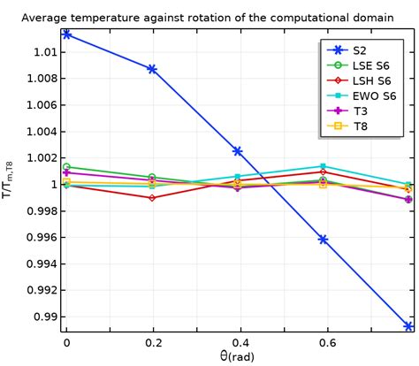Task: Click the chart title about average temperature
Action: point(209,17)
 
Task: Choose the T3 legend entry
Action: point(360,111)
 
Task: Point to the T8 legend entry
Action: point(360,126)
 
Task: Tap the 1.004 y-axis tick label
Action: point(37,132)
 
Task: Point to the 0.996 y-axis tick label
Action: point(37,237)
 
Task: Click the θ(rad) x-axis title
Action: point(237,356)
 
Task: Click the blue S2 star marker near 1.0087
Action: point(152,69)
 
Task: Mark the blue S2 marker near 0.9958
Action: point(324,240)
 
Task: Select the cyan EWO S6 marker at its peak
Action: point(324,166)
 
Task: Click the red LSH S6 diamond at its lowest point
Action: point(152,198)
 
